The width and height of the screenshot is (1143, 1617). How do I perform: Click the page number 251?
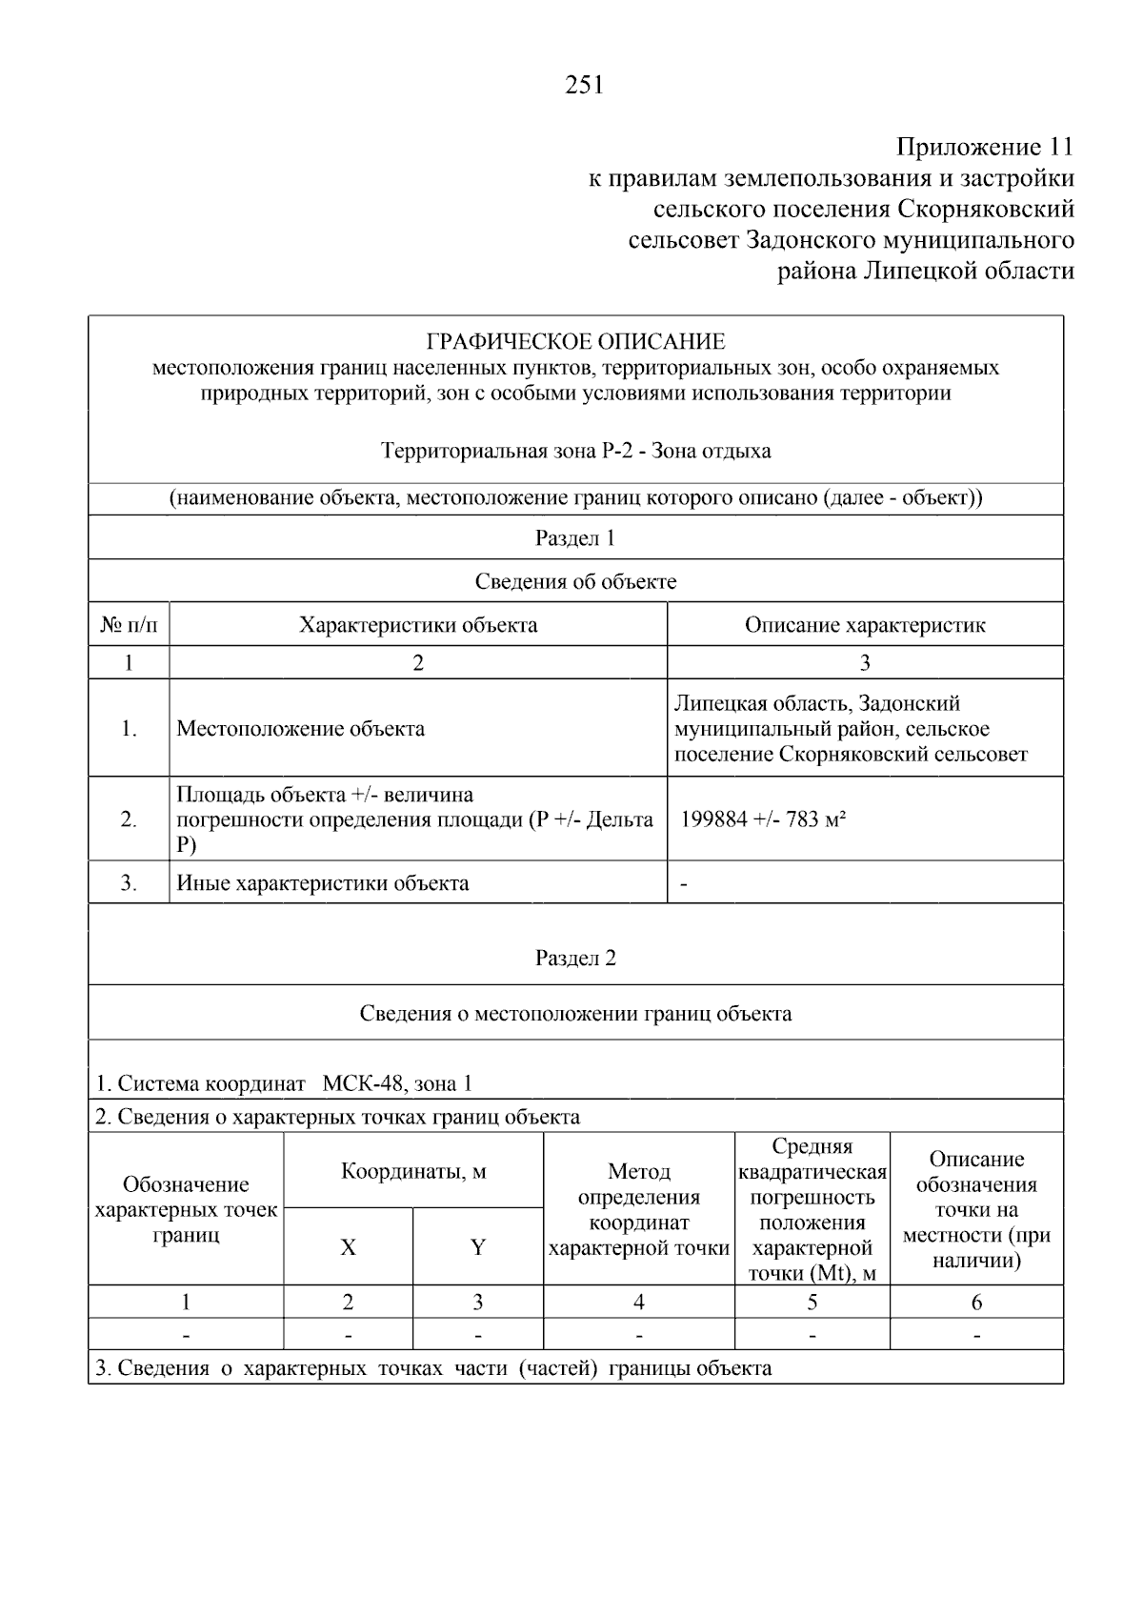[x=584, y=86]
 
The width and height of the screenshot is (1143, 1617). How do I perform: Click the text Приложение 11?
[x=984, y=147]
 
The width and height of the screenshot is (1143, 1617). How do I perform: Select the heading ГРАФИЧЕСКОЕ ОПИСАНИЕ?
[x=575, y=341]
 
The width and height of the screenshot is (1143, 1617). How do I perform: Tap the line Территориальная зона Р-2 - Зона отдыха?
[x=575, y=451]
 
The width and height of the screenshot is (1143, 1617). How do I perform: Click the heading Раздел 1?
[x=575, y=538]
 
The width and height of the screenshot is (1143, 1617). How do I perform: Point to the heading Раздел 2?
[x=575, y=958]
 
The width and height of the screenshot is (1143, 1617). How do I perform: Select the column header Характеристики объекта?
[x=418, y=625]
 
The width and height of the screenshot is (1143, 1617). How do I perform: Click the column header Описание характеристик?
[x=864, y=625]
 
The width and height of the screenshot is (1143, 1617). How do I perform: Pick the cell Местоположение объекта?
[x=301, y=729]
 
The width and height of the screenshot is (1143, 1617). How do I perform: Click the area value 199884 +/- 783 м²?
[x=763, y=819]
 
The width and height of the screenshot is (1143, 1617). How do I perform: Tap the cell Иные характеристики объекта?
[x=323, y=883]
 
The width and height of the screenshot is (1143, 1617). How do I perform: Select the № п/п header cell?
[x=129, y=625]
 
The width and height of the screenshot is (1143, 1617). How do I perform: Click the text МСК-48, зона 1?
[x=397, y=1083]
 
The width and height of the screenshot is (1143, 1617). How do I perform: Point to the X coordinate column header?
[x=348, y=1247]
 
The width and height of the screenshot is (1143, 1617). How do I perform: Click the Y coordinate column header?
[x=478, y=1247]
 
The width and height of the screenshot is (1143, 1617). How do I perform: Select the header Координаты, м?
[x=413, y=1171]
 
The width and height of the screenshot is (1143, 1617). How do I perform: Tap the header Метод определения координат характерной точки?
[x=639, y=1209]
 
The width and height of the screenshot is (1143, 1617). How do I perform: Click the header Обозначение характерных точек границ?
[x=186, y=1209]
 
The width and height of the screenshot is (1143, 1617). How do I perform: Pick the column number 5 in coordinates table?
[x=812, y=1302]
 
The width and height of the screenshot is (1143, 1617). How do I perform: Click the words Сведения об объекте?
[x=575, y=581]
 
